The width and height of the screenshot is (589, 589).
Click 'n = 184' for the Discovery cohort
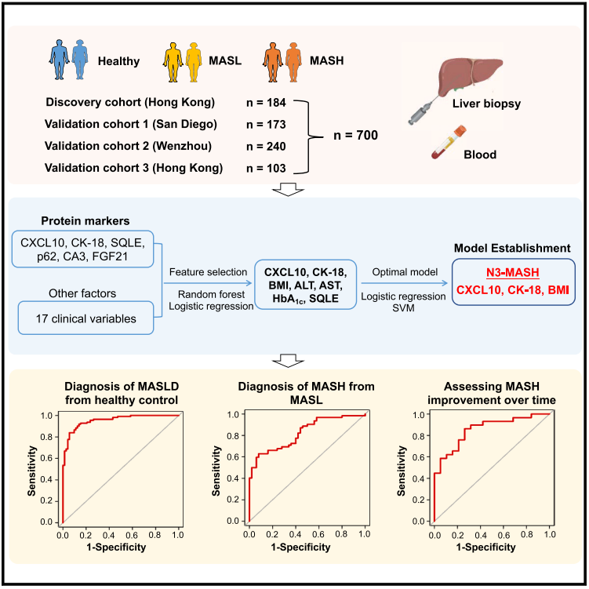tap(266, 103)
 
